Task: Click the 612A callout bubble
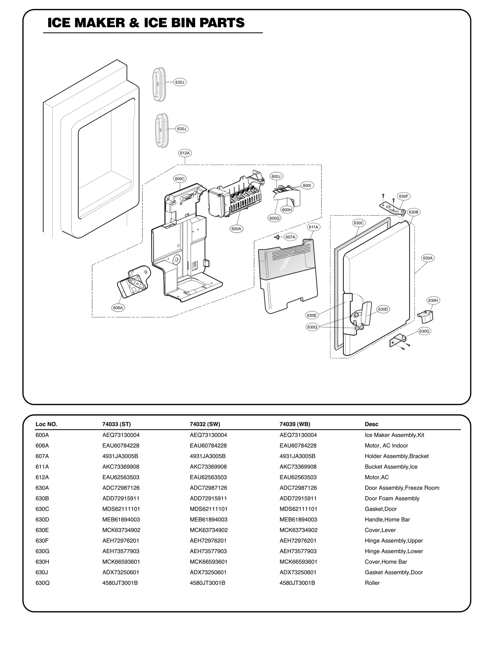(x=185, y=153)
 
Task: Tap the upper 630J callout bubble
(x=179, y=82)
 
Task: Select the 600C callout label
(x=180, y=179)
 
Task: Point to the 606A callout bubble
(x=118, y=308)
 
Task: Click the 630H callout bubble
(x=433, y=301)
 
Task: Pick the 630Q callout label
(x=312, y=327)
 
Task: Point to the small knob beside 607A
(x=278, y=237)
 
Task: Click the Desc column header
(x=371, y=424)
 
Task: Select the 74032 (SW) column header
(x=205, y=424)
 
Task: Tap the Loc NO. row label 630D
(x=42, y=520)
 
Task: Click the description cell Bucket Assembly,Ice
(x=391, y=467)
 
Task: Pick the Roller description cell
(x=372, y=583)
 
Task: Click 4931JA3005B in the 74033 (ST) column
(x=120, y=456)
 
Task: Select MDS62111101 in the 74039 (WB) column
(x=298, y=509)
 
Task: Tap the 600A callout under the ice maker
(x=236, y=229)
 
